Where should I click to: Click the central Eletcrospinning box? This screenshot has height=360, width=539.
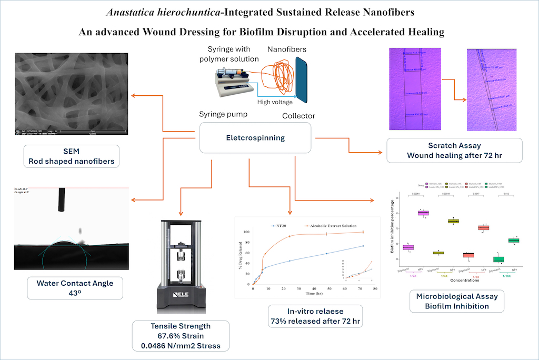[x=255, y=138]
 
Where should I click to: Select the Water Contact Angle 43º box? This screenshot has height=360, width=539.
[x=75, y=288]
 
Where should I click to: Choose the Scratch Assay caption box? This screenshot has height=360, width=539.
[x=454, y=150]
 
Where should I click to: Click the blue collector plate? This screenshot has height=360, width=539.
[x=303, y=79]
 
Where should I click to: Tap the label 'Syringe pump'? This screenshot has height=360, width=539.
[x=222, y=115]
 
